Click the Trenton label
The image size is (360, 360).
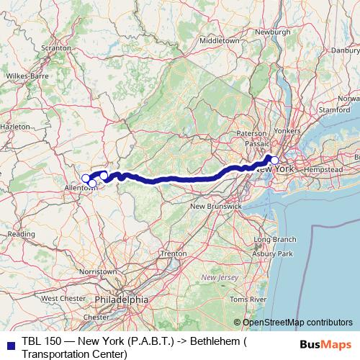174,254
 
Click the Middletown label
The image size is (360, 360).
219,41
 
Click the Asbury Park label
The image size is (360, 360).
272,254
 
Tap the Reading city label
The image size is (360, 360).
22,234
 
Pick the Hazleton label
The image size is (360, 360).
14,126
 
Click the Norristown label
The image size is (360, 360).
98,271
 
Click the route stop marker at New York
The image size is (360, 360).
274,160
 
